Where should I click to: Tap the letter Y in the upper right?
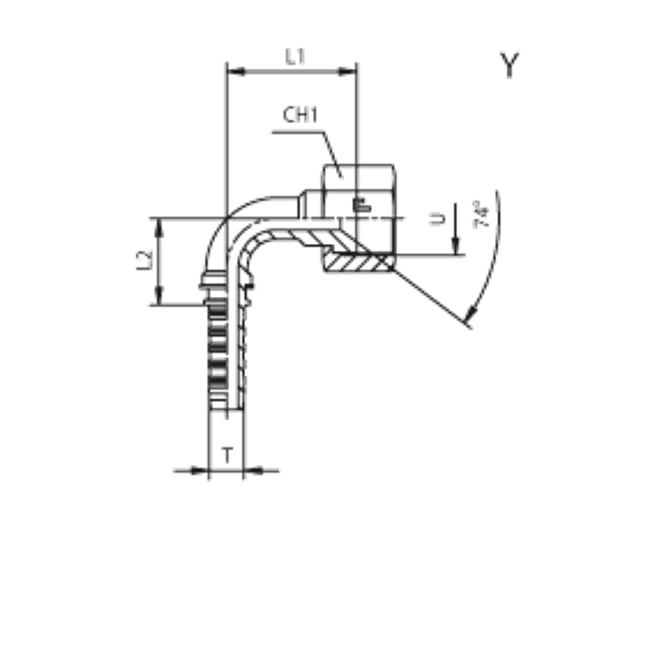[510, 65]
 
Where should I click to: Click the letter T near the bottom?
[226, 455]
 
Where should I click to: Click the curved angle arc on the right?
[493, 261]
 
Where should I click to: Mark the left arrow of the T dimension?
[202, 470]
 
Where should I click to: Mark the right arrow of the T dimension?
[251, 470]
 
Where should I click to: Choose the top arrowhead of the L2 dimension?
[158, 225]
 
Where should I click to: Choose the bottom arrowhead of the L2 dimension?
[158, 297]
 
